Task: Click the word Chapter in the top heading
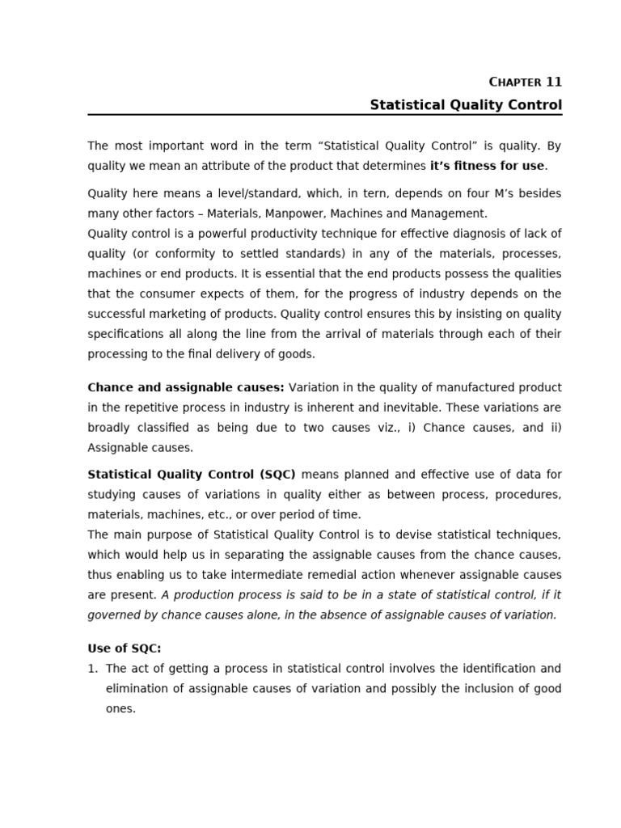516,82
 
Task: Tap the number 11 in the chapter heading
554,82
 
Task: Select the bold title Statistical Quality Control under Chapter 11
466,105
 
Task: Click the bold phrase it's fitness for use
487,166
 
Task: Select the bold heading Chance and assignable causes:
186,387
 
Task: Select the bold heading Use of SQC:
124,648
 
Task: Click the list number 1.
92,669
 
